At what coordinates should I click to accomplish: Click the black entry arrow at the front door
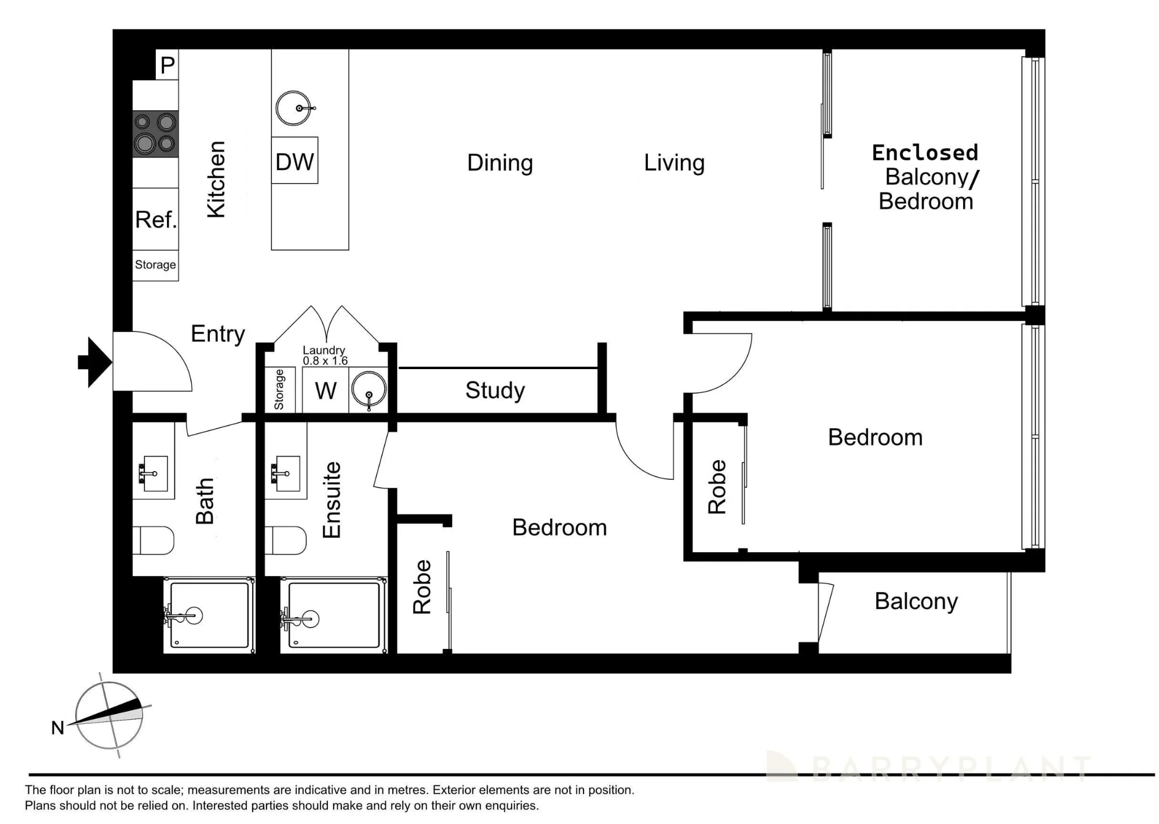tap(94, 362)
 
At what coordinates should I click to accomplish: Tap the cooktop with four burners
tap(155, 134)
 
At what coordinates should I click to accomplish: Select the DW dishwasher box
tap(294, 161)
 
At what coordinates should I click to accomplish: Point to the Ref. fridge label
tap(156, 220)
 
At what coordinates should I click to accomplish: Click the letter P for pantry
tap(167, 65)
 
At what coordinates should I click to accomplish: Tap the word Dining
tap(500, 163)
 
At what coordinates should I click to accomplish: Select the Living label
tap(675, 163)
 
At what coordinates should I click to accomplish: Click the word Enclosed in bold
tap(925, 152)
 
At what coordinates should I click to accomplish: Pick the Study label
tap(495, 391)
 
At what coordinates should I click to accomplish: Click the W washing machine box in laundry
tap(326, 391)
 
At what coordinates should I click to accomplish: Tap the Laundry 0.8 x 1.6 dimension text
tap(325, 355)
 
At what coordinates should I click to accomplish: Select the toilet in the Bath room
tap(154, 540)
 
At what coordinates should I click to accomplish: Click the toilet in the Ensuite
tap(286, 540)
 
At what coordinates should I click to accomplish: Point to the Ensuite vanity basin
tap(286, 473)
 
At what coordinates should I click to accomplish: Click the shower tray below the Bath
tap(209, 615)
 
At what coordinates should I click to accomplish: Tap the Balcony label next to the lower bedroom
tap(916, 601)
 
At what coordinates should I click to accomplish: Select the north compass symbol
tap(110, 716)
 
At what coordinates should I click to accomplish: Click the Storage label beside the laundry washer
tap(279, 389)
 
